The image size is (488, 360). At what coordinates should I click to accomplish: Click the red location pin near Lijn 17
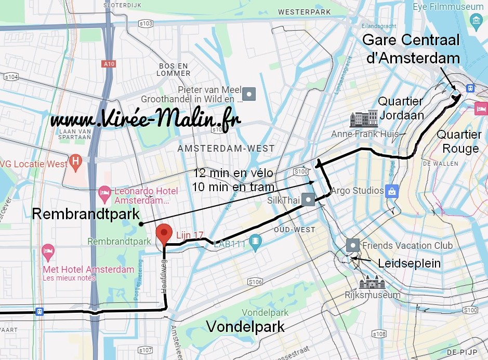164,233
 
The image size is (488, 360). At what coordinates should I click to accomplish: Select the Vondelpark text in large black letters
246,326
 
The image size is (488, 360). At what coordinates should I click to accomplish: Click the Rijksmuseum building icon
372,282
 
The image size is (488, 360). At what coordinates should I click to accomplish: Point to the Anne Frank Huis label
365,134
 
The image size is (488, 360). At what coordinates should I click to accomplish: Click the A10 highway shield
108,64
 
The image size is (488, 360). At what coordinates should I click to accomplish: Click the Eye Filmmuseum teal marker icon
476,21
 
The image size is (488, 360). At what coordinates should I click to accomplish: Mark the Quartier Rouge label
458,141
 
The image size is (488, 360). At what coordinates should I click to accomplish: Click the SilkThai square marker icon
309,199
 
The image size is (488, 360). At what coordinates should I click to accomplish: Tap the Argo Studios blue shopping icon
391,191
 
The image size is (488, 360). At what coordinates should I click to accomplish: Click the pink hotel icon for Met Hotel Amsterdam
48,251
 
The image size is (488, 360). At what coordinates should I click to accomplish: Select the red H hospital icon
76,161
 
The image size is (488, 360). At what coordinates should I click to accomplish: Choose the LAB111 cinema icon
255,241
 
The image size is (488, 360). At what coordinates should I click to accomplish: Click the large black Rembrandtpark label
86,214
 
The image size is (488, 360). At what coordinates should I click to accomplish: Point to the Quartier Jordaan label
401,109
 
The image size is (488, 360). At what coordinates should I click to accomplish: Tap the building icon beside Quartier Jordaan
364,118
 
